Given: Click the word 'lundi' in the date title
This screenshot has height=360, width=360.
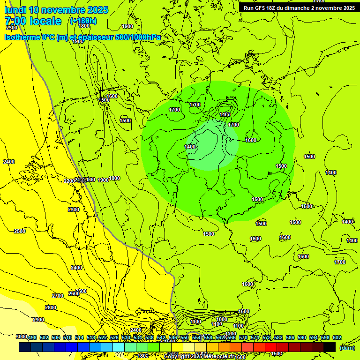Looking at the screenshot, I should pos(15,10).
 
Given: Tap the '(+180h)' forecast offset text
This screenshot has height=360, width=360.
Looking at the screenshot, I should pos(83,21).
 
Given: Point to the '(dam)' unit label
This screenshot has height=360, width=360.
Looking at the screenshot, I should pos(347,348).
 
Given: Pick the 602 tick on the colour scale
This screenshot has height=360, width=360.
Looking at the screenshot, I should pos(337,337).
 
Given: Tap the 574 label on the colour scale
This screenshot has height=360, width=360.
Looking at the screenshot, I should pos(255,337).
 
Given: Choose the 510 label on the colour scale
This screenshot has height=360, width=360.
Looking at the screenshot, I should pos(67,337).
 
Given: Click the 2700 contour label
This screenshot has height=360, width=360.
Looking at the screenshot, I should pos(58,296).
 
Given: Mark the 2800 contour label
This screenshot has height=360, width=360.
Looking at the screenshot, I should pos(51,307).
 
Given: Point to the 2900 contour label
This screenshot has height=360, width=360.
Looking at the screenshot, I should pos(38,320).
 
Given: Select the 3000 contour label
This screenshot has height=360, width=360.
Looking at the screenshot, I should pos(21,337).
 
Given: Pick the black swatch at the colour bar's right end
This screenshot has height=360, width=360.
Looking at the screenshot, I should pos(330,347).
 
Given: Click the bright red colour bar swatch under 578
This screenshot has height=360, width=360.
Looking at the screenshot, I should pos(270,347).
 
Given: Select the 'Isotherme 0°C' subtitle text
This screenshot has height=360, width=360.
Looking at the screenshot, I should pos(30,37).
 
